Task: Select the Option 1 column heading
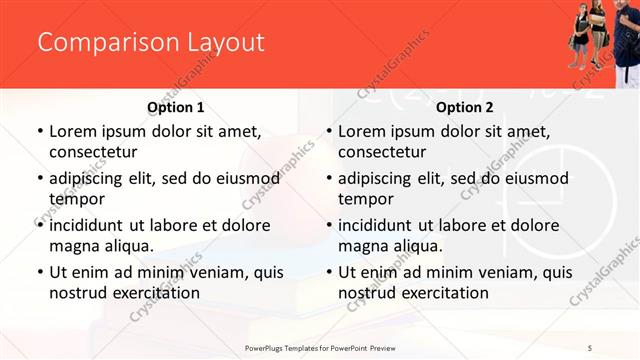pos(175,107)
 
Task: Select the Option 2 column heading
pos(465,107)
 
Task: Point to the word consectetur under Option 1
pos(93,152)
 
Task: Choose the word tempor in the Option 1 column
pos(76,199)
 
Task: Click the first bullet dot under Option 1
pos(39,132)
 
